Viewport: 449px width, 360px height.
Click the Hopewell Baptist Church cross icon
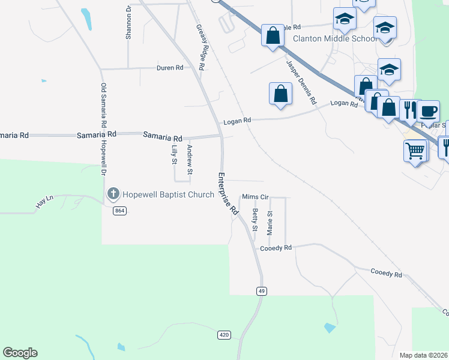point(113,194)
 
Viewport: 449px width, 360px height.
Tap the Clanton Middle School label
point(334,39)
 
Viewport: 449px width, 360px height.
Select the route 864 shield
point(119,211)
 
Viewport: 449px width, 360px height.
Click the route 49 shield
point(261,291)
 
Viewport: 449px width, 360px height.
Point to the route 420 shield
point(223,335)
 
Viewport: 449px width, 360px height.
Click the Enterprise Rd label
point(228,194)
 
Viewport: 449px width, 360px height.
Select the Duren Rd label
point(170,68)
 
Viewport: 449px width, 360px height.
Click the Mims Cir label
point(255,197)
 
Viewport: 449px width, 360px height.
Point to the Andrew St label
point(190,160)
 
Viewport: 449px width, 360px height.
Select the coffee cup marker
point(428,112)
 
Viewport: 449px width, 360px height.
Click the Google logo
point(20,353)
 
